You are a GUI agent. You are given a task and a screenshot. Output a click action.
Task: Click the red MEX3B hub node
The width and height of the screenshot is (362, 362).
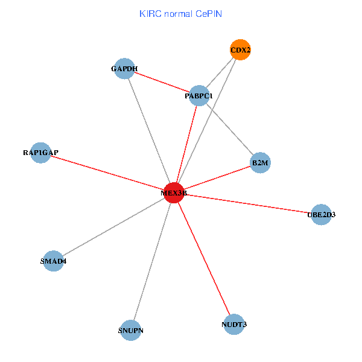point(174,192)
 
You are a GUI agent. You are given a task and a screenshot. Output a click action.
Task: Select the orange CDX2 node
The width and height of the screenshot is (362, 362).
point(240,49)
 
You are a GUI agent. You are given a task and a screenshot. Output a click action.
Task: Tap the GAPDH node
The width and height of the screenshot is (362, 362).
point(124,68)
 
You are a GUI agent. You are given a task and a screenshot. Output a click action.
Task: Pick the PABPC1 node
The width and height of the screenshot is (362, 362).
point(199,95)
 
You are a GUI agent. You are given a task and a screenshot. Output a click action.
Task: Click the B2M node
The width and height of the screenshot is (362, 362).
point(260,163)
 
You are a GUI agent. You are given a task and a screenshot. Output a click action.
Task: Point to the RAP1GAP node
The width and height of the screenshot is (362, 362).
point(40,153)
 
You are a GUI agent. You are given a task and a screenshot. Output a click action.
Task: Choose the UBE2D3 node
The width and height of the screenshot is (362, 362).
point(321,214)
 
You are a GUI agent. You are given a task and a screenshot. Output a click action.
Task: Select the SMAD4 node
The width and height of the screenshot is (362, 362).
point(53,261)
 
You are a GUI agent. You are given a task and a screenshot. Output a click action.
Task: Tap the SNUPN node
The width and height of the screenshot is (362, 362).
point(131,330)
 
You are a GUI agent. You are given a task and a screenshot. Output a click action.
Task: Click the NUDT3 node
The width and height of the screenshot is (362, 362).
point(233,325)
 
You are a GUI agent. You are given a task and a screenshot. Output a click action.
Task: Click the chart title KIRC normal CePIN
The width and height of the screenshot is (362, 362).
point(180,13)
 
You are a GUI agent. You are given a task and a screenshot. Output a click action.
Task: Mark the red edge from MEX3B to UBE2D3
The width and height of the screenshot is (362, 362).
point(247,203)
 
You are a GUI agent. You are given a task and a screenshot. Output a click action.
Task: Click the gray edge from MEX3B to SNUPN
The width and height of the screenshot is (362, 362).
point(152,261)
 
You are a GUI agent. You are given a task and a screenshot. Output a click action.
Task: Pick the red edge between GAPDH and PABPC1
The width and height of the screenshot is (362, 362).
point(161,81)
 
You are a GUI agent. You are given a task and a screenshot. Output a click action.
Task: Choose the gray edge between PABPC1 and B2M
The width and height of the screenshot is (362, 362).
point(229,129)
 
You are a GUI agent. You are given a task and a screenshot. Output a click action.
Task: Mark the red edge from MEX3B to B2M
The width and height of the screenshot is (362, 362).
point(217,177)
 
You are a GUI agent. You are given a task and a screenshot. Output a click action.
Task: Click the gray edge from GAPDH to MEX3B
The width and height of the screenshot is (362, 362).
point(148,130)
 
